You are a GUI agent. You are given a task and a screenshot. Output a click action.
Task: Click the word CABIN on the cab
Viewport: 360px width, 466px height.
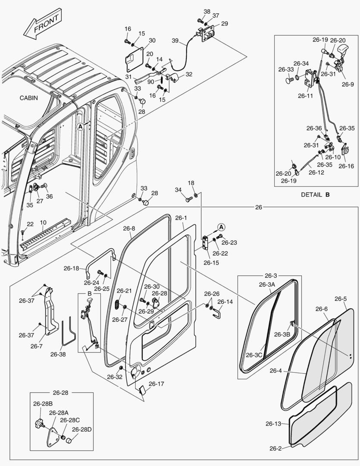[28, 98]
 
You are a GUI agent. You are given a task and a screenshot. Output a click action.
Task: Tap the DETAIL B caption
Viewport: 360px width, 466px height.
[315, 195]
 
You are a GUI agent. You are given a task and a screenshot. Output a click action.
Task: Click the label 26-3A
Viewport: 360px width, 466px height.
[268, 284]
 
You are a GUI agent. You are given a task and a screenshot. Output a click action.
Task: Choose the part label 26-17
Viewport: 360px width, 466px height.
[157, 384]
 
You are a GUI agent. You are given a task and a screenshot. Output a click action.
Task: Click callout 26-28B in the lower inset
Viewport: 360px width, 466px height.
[43, 404]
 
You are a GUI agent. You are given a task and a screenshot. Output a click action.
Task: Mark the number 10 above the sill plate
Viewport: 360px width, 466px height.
[43, 223]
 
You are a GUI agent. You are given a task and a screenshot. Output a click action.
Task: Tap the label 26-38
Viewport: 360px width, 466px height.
[58, 354]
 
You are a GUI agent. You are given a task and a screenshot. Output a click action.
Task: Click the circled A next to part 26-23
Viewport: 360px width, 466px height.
[221, 227]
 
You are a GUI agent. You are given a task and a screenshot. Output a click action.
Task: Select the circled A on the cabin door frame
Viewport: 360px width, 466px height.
[80, 126]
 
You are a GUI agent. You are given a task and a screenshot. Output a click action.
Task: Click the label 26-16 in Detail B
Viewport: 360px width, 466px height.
[346, 166]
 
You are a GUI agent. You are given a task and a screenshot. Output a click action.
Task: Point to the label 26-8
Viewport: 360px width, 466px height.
[129, 228]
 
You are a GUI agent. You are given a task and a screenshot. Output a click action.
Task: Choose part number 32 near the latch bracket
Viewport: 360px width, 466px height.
[189, 74]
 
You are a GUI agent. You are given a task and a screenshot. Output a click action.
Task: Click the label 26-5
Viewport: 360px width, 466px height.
[341, 299]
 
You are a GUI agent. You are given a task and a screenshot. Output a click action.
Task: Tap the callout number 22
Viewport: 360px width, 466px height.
[30, 224]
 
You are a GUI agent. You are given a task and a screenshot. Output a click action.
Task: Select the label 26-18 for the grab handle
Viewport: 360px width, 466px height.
[72, 268]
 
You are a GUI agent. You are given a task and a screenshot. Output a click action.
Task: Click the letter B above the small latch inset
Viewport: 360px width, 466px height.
[90, 293]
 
